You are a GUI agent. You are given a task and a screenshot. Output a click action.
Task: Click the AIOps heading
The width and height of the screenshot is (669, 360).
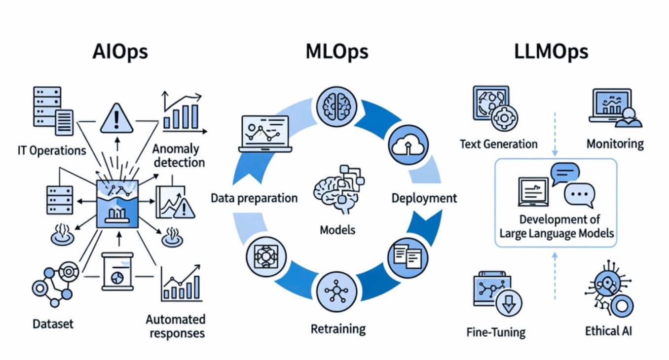click(x=120, y=51)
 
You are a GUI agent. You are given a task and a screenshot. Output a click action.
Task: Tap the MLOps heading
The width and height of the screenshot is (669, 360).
click(x=337, y=51)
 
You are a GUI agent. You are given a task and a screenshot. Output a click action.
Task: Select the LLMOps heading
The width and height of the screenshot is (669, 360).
click(x=551, y=51)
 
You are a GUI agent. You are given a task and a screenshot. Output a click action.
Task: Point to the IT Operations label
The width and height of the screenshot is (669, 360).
click(x=51, y=150)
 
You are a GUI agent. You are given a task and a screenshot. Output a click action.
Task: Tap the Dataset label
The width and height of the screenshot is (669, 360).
click(x=53, y=324)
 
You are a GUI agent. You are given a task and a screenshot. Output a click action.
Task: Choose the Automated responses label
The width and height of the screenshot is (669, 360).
click(x=175, y=326)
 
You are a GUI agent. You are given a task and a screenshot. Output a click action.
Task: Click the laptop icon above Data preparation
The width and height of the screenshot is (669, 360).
click(x=263, y=134)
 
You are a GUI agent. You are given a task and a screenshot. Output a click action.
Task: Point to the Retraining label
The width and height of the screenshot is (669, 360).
click(x=338, y=328)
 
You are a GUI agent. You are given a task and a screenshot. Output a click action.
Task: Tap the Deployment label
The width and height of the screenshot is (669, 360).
click(x=424, y=198)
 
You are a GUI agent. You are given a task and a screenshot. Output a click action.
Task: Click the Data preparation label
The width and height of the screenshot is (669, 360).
click(x=254, y=198)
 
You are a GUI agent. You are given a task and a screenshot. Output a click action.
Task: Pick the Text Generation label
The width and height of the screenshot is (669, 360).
click(x=498, y=144)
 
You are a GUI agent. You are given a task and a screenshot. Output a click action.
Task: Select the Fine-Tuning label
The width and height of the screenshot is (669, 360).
click(x=496, y=331)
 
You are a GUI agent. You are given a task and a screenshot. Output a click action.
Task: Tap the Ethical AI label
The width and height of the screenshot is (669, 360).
click(x=608, y=330)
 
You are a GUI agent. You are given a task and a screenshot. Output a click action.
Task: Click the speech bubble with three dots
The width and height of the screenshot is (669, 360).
click(x=579, y=195)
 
